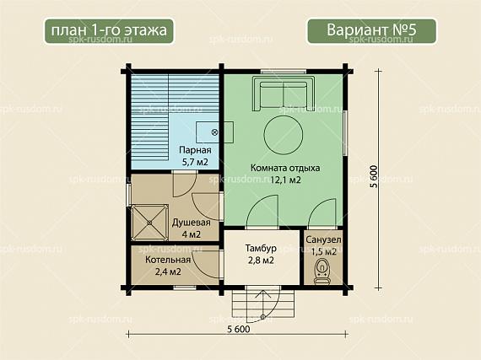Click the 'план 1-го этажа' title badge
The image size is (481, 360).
109,31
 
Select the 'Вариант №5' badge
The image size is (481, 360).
371,31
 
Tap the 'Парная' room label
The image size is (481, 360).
195,150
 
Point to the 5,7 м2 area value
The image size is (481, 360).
195,162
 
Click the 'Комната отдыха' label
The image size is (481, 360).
285,168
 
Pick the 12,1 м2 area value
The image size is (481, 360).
285,180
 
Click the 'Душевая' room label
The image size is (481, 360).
191,223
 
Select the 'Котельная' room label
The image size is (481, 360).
168,260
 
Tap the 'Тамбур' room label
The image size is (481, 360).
261,248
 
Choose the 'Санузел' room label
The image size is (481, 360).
323,240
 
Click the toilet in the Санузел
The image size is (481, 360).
322,271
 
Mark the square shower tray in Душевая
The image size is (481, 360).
149,223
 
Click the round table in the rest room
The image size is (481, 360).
284,134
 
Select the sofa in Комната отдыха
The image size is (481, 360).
284,94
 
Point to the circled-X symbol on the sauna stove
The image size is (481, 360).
214,132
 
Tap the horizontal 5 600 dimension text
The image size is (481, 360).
239,329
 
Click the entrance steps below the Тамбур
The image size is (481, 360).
263,304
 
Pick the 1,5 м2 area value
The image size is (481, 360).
324,251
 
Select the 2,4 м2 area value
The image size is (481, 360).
168,271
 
